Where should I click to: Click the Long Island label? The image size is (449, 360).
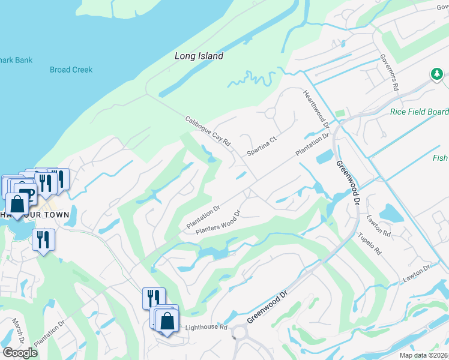(x=199, y=56)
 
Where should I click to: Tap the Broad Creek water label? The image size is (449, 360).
(x=71, y=70)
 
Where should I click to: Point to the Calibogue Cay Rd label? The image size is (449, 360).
(x=208, y=131)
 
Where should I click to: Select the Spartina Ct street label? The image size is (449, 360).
(x=261, y=147)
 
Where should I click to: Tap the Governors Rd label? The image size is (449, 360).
(x=389, y=72)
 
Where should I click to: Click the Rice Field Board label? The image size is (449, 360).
(x=419, y=112)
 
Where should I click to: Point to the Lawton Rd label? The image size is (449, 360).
(x=378, y=226)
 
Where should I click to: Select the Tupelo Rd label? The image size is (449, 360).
(x=370, y=245)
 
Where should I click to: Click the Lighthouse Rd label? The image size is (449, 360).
(x=206, y=327)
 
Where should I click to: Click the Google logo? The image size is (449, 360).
(x=20, y=352)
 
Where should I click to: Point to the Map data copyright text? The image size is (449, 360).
(x=423, y=355)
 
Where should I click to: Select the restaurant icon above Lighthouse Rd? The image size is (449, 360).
(x=152, y=298)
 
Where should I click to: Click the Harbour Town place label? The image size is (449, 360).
(x=42, y=215)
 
